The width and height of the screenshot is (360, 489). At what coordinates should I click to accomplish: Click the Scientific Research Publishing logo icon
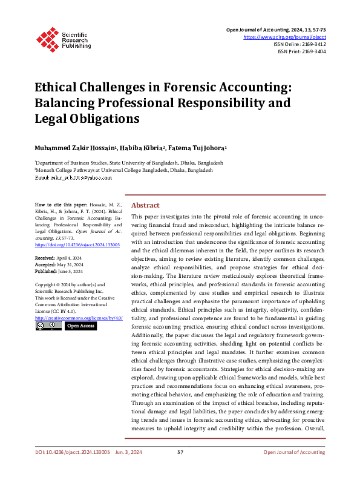[x=46, y=38]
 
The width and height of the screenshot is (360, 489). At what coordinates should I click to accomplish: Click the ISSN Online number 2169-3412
[x=313, y=44]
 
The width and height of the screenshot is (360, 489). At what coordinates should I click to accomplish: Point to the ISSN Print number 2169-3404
[x=313, y=52]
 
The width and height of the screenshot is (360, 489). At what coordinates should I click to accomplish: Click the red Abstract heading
[x=146, y=205]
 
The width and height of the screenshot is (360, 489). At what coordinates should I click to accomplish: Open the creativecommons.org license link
[x=79, y=318]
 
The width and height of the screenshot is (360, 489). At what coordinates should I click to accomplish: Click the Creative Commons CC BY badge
[x=48, y=326]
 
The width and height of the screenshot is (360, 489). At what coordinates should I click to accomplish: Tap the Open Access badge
[x=80, y=326]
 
